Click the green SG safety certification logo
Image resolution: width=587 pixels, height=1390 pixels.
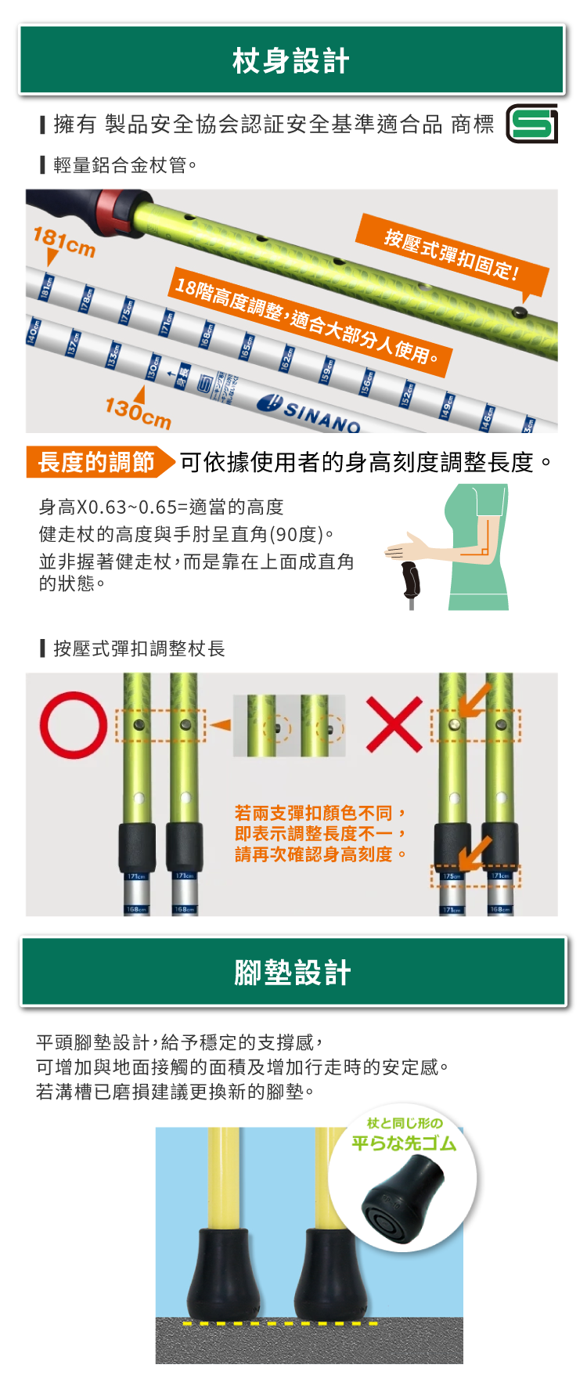pos(532,124)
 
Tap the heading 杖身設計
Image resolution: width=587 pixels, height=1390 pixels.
pos(291,60)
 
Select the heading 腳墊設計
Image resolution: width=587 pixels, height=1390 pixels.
pos(293,972)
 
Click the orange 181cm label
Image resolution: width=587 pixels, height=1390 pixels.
pos(63,242)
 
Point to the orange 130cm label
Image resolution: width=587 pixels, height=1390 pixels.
pos(138,412)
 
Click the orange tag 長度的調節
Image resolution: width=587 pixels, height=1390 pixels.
pos(97,462)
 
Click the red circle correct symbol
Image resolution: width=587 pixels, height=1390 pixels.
pos(73,725)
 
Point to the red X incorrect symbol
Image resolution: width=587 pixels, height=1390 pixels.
pos(394,724)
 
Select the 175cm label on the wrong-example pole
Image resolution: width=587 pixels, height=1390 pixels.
pos(452,876)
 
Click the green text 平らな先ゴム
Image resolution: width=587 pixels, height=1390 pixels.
pos(404,1143)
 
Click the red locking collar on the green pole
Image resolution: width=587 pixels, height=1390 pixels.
pos(113,213)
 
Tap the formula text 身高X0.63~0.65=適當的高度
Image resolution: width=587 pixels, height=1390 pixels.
pos(161,507)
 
